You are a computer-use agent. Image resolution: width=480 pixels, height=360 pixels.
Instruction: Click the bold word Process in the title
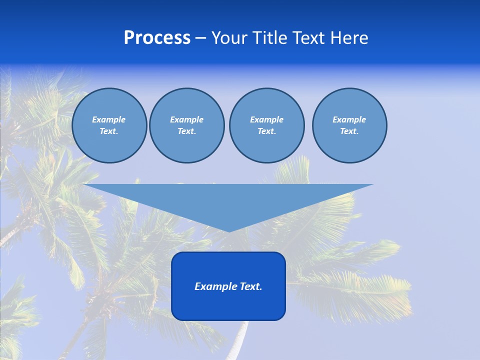coord(157,38)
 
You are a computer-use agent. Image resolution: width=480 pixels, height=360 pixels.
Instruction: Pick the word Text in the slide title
coord(309,38)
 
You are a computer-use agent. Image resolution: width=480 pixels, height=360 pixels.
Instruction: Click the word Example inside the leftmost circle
coord(109,119)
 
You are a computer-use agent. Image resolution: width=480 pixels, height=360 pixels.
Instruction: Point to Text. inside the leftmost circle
coord(109,131)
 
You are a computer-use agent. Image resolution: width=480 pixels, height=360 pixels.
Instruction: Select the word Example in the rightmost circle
coord(349,119)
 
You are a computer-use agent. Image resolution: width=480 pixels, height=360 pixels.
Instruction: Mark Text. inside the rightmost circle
coord(349,131)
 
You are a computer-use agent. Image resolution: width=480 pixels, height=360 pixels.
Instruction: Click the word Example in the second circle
coord(186,119)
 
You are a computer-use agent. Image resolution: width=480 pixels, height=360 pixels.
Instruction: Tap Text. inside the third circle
coord(266,131)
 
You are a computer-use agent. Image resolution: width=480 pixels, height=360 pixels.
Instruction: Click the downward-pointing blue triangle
coord(228,200)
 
